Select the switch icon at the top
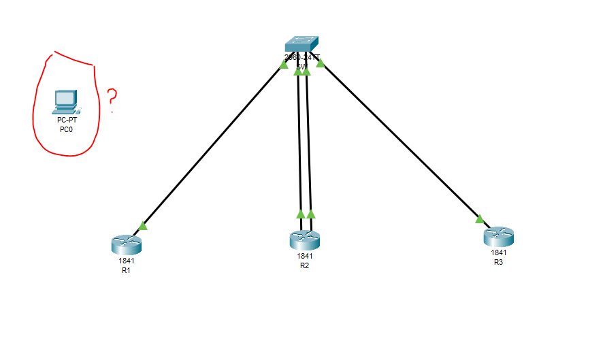pyautogui.click(x=302, y=44)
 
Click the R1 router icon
pyautogui.click(x=125, y=244)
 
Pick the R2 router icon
pyautogui.click(x=304, y=240)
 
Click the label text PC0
pyautogui.click(x=67, y=129)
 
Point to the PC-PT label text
pyautogui.click(x=67, y=120)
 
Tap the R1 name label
pyautogui.click(x=125, y=270)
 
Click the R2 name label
pyautogui.click(x=304, y=265)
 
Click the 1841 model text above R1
pyautogui.click(x=125, y=261)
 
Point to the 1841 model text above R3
pyautogui.click(x=499, y=252)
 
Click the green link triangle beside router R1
pyautogui.click(x=142, y=225)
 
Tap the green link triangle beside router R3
pyautogui.click(x=480, y=219)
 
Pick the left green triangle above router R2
pyautogui.click(x=300, y=214)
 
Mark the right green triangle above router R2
pyautogui.click(x=311, y=214)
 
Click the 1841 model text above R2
pyautogui.click(x=304, y=257)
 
